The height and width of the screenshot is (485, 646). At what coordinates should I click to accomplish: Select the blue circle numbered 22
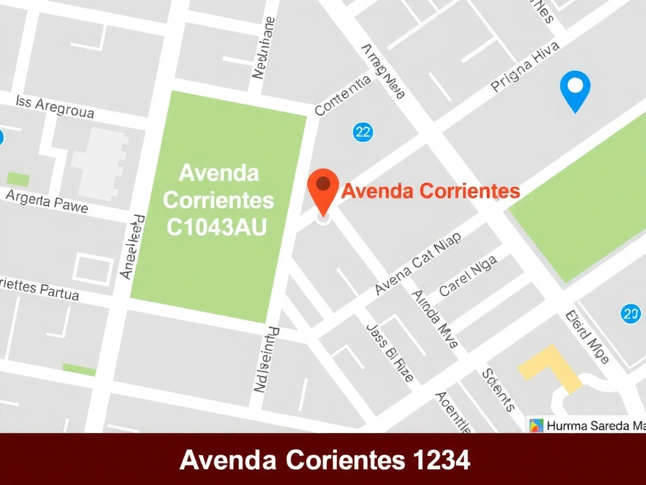[363, 132]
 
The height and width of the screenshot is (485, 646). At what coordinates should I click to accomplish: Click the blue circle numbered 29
[630, 313]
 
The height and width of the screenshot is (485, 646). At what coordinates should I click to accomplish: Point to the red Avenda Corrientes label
[430, 191]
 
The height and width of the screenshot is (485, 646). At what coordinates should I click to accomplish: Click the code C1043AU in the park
[216, 227]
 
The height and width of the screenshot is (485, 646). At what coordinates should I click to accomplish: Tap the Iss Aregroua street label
[55, 107]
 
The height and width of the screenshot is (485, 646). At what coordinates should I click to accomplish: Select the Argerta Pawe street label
[47, 201]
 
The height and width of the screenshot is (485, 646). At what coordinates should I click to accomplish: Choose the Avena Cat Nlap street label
[418, 264]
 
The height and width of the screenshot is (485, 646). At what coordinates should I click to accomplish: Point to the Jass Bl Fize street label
[390, 353]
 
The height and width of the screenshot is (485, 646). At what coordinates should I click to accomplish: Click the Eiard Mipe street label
[587, 337]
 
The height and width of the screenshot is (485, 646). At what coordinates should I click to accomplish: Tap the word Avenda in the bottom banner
[228, 460]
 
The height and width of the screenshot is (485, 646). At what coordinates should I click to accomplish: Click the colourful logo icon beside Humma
[536, 426]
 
